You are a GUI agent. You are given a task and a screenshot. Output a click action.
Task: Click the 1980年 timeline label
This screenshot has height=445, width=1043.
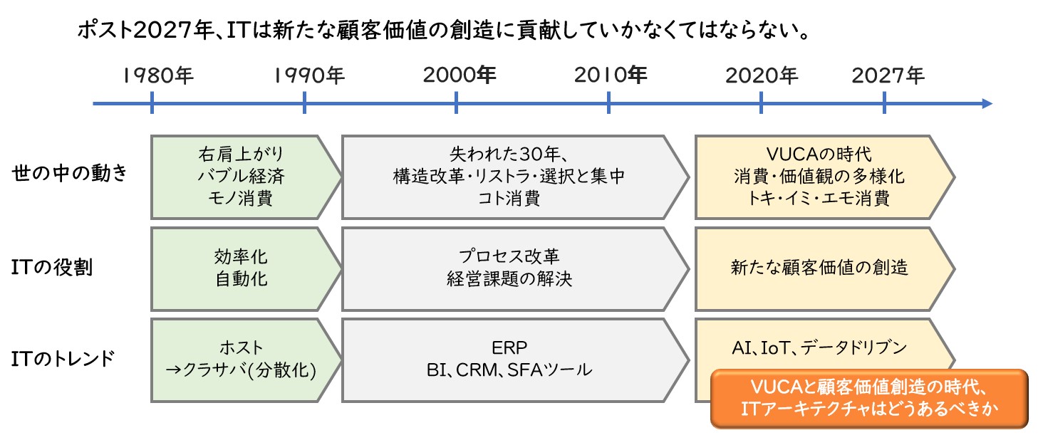(x=158, y=76)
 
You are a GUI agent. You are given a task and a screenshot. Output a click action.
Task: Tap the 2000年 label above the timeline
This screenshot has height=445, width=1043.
(x=460, y=75)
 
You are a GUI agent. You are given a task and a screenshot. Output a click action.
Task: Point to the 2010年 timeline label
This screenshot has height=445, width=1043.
(x=611, y=75)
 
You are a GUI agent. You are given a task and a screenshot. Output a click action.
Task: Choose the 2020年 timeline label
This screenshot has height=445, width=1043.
(x=762, y=76)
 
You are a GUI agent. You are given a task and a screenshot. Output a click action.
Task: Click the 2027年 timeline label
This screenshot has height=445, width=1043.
(x=888, y=76)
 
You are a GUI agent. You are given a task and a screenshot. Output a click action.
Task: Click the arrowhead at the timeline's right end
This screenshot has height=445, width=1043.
(x=987, y=103)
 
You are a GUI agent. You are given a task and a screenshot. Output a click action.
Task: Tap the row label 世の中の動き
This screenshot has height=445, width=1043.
(x=69, y=173)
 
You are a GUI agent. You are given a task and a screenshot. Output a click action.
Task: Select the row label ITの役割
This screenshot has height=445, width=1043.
(x=52, y=267)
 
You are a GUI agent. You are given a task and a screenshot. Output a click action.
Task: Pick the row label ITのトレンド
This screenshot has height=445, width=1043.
(x=63, y=359)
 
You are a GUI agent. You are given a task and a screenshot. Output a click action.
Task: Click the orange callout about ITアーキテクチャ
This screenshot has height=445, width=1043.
(x=869, y=399)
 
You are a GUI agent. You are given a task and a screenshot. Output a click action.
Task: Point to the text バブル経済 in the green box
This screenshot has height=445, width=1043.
(x=242, y=176)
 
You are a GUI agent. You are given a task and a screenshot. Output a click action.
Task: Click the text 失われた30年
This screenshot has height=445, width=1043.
(x=504, y=154)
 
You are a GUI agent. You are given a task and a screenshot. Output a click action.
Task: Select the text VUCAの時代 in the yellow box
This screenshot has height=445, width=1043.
(x=819, y=154)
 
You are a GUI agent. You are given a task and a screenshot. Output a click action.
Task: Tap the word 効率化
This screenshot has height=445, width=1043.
(x=241, y=256)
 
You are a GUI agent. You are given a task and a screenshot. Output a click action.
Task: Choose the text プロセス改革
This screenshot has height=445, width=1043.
(x=509, y=256)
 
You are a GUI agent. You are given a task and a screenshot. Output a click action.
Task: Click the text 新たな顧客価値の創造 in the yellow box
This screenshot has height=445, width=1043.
(x=819, y=268)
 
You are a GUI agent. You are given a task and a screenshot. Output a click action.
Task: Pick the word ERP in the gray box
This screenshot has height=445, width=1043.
(x=509, y=347)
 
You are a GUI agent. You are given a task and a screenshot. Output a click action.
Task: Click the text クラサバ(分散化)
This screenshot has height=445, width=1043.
(x=249, y=370)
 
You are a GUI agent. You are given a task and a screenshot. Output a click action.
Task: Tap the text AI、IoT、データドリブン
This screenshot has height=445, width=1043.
(x=819, y=347)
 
